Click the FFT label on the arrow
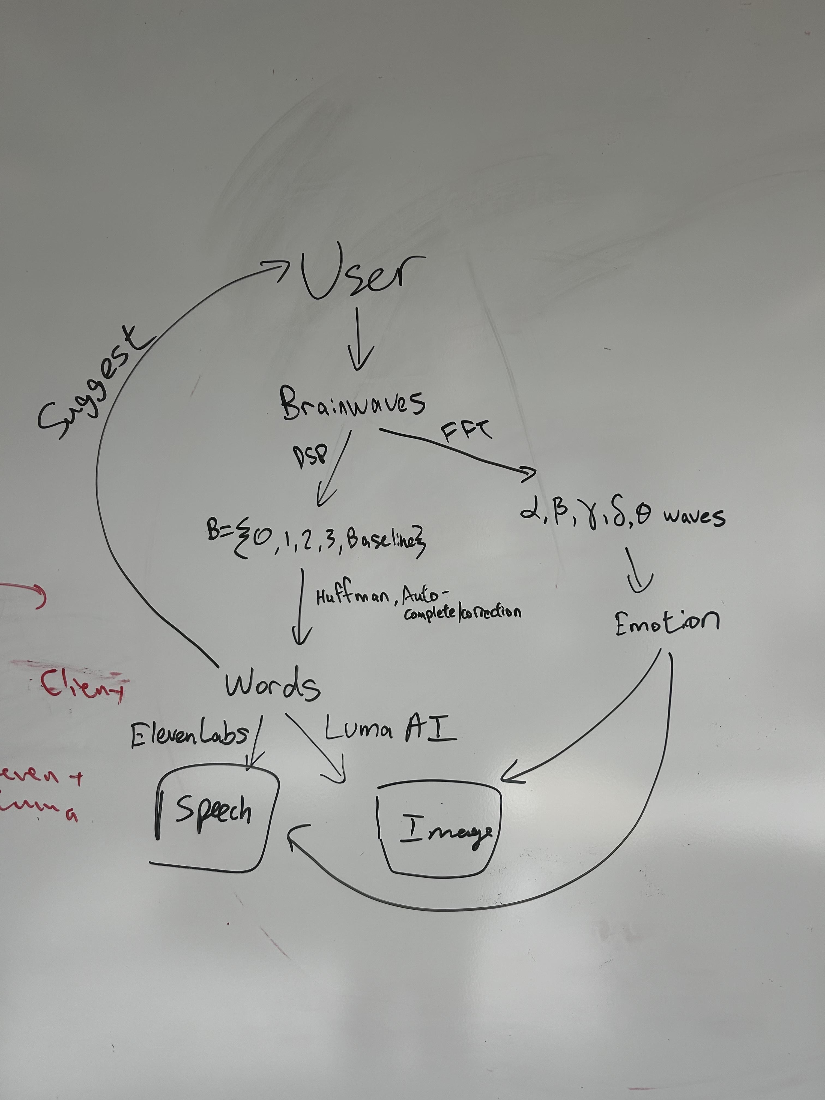pyautogui.click(x=466, y=431)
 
